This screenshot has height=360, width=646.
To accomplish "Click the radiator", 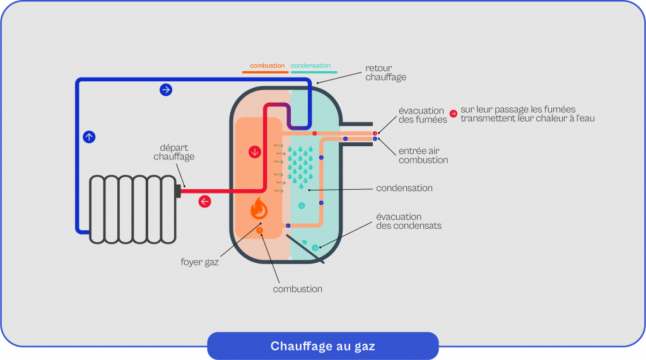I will point(133,208).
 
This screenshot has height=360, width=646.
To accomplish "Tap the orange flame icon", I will point(258,207).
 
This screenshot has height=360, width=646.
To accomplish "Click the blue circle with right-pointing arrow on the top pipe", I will point(166,90).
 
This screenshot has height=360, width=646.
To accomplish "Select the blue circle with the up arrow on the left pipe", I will point(89,136).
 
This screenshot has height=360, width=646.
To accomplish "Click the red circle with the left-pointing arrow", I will point(204,202).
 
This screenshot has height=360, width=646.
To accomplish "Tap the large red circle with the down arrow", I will point(255,152).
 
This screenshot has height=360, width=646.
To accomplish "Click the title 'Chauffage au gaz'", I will point(322,346).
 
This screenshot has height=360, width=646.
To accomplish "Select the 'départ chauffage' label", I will point(173,152).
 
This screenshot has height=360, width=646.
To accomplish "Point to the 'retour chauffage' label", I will point(385,73).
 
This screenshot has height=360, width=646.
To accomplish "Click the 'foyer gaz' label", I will point(204,262).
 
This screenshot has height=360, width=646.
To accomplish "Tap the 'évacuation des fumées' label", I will point(421,115).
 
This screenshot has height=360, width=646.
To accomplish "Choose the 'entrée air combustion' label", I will point(423,156).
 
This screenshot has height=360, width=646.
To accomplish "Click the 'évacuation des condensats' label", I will point(409,221).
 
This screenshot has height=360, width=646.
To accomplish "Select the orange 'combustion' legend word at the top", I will point(267,66).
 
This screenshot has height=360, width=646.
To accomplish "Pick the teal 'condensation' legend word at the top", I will point(310,66).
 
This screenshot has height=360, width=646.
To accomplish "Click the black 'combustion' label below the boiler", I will point(297,289).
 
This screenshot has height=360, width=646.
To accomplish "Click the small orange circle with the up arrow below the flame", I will point(260,231).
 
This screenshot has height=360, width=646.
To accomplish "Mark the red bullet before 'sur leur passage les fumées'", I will point(453,114).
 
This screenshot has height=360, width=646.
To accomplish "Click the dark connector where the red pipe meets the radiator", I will point(178,190).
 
